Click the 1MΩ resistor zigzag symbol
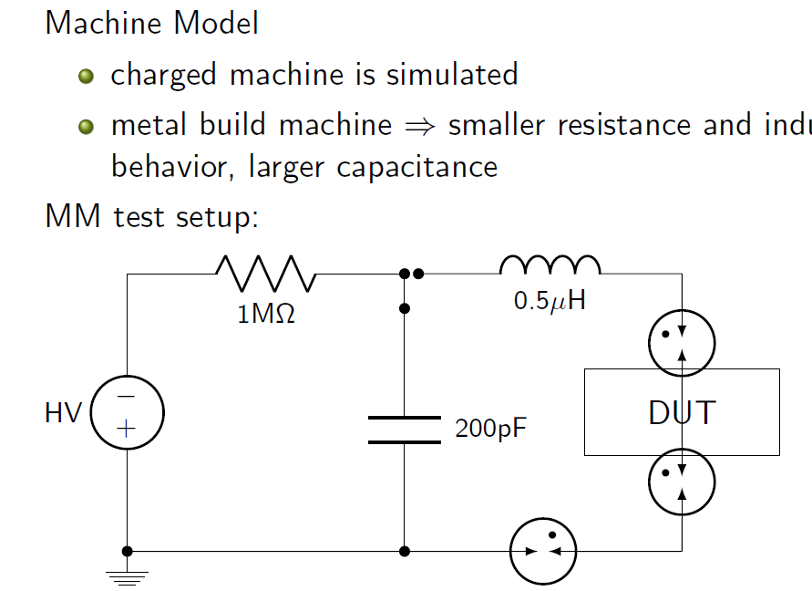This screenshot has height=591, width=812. pyautogui.click(x=266, y=273)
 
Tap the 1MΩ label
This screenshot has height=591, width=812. pyautogui.click(x=266, y=316)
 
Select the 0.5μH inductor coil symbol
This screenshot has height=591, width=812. pyautogui.click(x=550, y=264)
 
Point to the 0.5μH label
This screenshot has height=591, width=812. pyautogui.click(x=550, y=302)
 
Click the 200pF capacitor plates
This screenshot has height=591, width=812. pyautogui.click(x=404, y=430)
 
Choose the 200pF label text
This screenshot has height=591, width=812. pyautogui.click(x=490, y=429)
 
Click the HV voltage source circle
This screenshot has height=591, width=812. pyautogui.click(x=127, y=412)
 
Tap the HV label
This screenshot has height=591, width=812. pyautogui.click(x=64, y=413)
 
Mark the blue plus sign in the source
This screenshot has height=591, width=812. pyautogui.click(x=126, y=427)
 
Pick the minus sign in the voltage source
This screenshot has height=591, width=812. pyautogui.click(x=127, y=397)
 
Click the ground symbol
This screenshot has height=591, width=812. pyautogui.click(x=127, y=576)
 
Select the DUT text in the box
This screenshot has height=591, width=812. pyautogui.click(x=682, y=413)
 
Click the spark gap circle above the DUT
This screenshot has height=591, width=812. pyautogui.click(x=682, y=344)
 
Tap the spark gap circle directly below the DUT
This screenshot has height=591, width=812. pyautogui.click(x=682, y=482)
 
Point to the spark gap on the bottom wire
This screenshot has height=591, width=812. pyautogui.click(x=543, y=551)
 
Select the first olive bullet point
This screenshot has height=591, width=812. pyautogui.click(x=87, y=76)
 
